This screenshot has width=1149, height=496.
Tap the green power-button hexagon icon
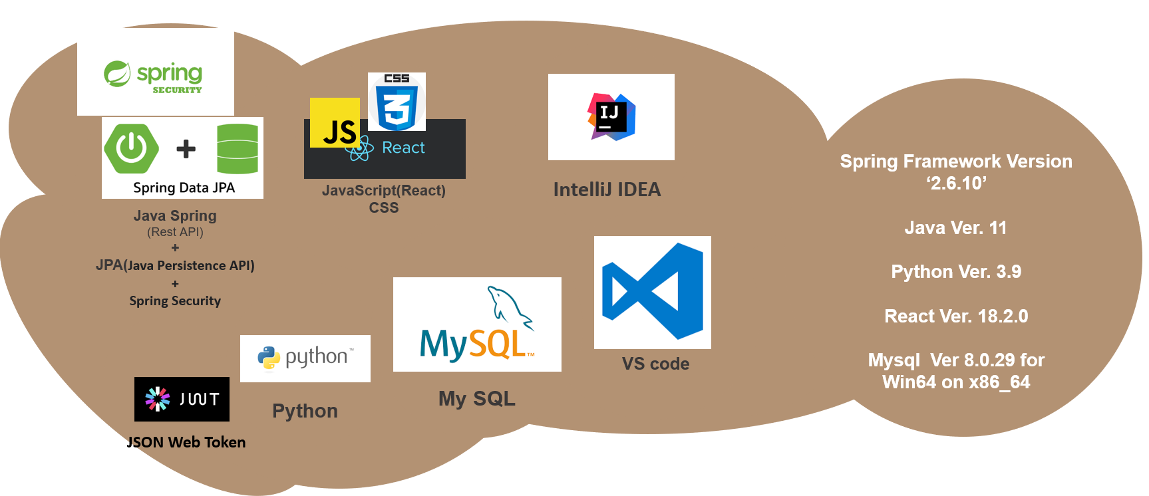click(x=132, y=148)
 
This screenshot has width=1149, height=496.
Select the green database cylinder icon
click(x=238, y=149)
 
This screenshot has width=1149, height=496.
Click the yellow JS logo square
click(x=335, y=123)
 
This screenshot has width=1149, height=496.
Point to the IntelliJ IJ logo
click(x=611, y=117)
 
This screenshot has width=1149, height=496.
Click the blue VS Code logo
click(x=653, y=292)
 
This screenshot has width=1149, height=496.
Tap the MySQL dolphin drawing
click(x=510, y=307)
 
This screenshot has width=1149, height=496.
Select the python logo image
click(x=305, y=358)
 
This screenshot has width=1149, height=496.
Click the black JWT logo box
click(x=182, y=399)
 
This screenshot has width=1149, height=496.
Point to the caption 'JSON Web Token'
click(x=186, y=442)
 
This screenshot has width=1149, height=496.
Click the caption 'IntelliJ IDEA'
click(x=607, y=190)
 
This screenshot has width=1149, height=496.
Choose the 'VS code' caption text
click(x=655, y=364)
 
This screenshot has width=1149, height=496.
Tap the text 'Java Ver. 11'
click(x=955, y=228)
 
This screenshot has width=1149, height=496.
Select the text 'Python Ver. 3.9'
click(x=956, y=272)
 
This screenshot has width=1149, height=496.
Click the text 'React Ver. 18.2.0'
click(x=956, y=316)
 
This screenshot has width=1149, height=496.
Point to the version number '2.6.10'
click(x=957, y=184)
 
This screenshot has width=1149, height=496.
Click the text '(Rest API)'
click(x=175, y=232)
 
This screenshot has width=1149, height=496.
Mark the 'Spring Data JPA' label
click(x=184, y=187)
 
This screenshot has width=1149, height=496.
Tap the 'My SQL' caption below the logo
click(x=477, y=398)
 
